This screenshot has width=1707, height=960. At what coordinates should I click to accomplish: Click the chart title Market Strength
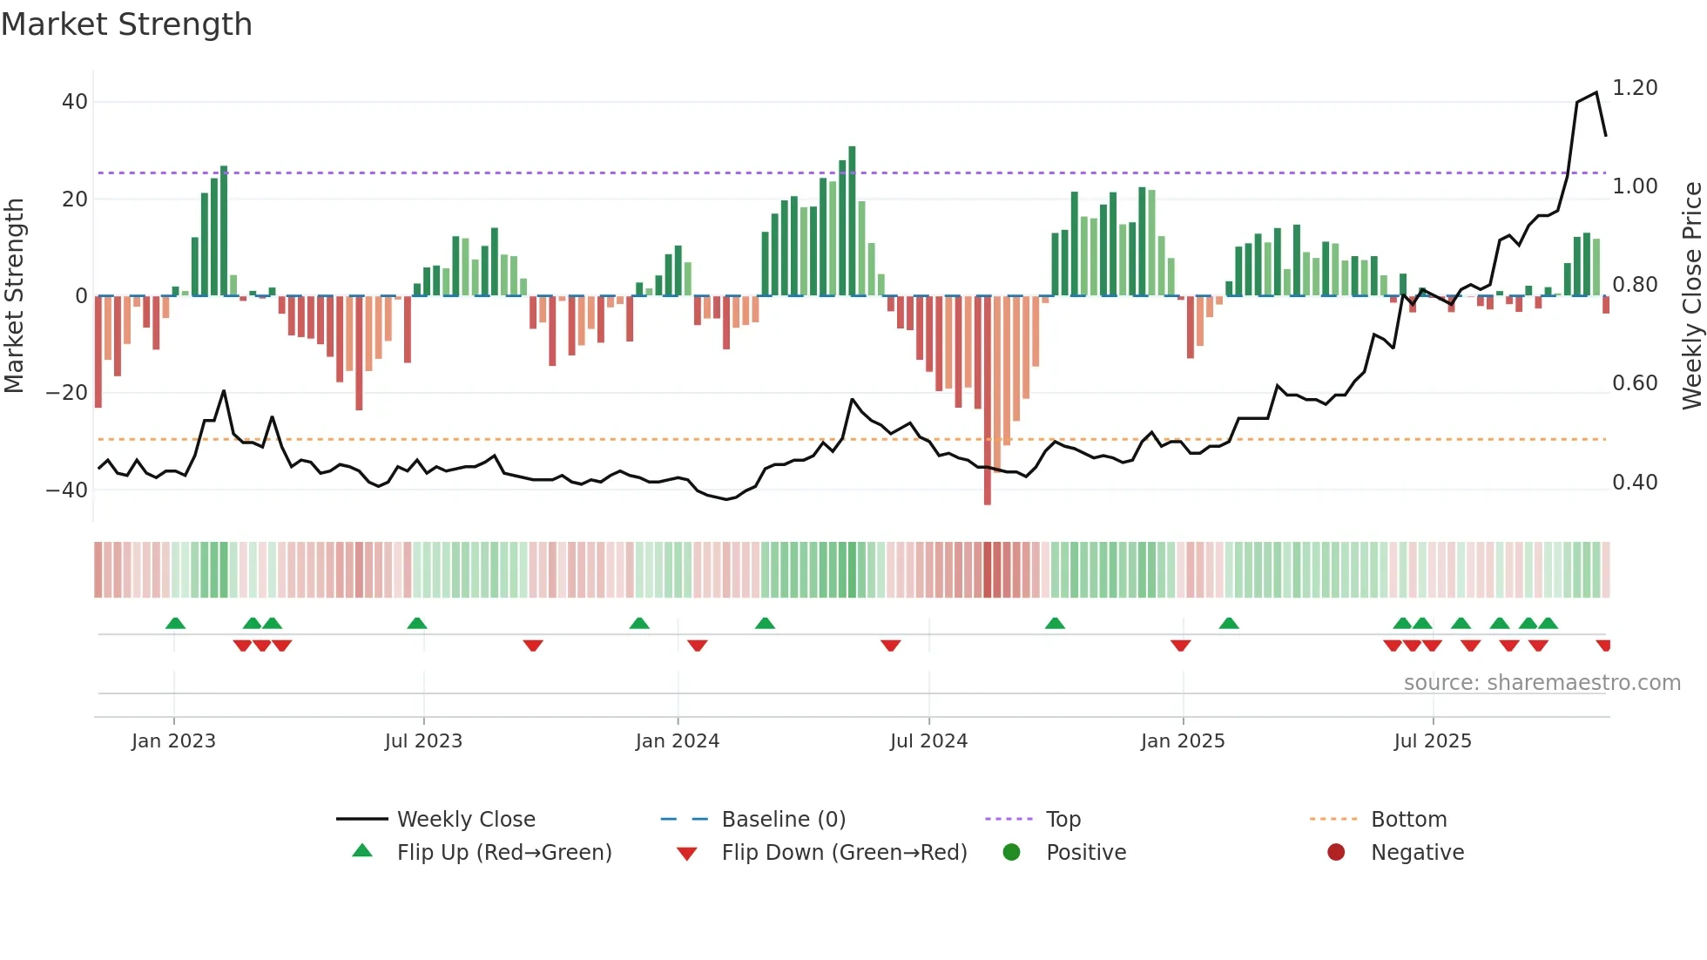click(x=126, y=24)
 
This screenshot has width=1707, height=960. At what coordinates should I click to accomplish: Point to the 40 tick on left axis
click(x=75, y=102)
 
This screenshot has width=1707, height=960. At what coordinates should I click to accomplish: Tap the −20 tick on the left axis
click(x=67, y=393)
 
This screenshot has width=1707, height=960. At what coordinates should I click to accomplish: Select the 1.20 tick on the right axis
click(x=1635, y=88)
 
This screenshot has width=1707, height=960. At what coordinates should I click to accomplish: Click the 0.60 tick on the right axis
click(x=1635, y=383)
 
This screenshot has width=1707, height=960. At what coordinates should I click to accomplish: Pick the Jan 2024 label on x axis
click(x=677, y=741)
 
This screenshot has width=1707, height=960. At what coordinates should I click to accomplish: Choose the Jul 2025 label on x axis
click(x=1432, y=741)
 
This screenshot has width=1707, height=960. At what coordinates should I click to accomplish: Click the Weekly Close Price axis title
click(x=1691, y=295)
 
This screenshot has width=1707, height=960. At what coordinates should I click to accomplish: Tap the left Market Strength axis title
click(x=14, y=295)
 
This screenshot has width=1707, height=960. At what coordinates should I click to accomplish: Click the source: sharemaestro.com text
click(x=1542, y=683)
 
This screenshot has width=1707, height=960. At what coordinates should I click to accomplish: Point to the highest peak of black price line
click(x=1596, y=93)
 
